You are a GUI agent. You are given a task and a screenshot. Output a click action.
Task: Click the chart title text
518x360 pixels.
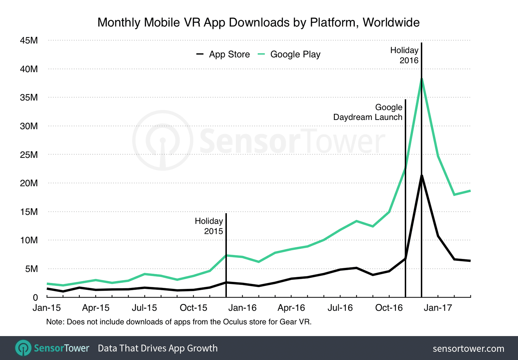(x=258, y=22)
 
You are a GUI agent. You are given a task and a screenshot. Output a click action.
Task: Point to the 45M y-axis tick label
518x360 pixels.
(x=29, y=40)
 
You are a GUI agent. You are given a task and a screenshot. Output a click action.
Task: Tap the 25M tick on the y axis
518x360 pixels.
(x=29, y=155)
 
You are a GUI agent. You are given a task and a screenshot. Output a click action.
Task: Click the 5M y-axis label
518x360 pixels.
(x=31, y=269)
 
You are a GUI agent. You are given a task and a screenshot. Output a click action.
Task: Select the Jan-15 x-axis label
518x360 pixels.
(x=46, y=308)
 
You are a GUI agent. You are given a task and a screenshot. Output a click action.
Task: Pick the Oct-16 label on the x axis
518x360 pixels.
(x=389, y=308)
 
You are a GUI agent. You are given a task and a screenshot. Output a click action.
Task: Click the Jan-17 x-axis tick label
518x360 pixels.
(x=438, y=308)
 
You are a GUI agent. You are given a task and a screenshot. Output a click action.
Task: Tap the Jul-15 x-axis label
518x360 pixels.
(x=144, y=308)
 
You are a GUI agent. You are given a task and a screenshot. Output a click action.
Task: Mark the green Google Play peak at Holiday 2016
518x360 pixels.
(x=422, y=79)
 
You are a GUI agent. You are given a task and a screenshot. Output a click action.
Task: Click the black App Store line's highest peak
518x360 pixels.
(x=422, y=175)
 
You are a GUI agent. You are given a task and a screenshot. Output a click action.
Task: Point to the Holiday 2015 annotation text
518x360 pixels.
(x=209, y=226)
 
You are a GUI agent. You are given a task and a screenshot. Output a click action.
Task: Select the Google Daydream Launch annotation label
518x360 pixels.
(x=368, y=112)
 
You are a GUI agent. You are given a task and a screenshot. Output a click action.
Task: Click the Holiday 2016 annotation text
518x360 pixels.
(x=404, y=55)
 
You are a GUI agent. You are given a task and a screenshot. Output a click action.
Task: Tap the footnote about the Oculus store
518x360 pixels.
(x=179, y=322)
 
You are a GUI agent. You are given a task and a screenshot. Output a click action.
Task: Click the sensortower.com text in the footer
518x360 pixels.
(x=468, y=349)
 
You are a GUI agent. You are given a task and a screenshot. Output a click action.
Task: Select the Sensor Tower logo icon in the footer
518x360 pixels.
(x=24, y=348)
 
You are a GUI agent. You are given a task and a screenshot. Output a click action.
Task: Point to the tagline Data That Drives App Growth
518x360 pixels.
(x=158, y=348)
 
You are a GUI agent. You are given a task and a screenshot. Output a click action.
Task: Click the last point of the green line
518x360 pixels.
(x=470, y=191)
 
